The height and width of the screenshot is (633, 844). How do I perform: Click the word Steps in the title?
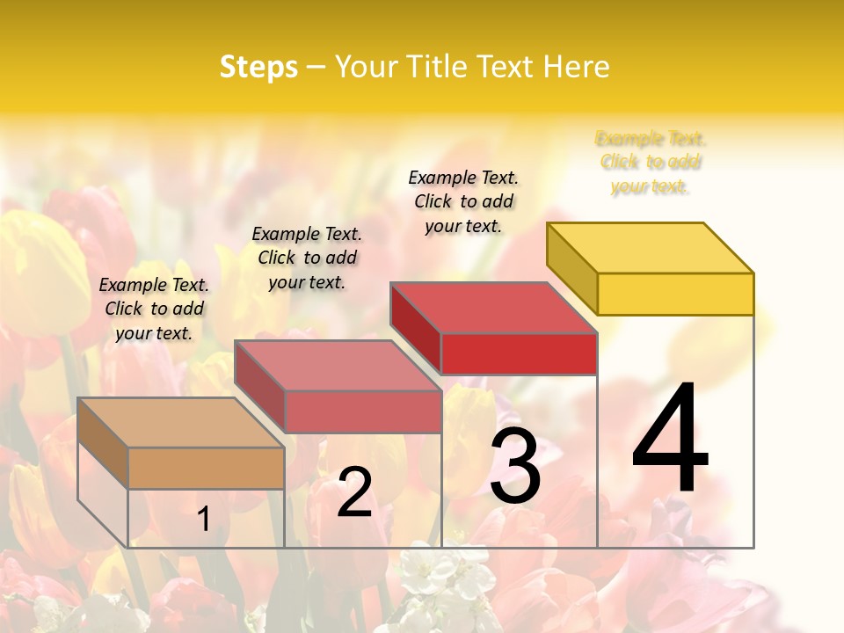tap(258, 67)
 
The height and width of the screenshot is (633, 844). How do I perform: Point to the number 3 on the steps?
tap(514, 468)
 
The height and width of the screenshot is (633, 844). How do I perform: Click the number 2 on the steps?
tap(354, 493)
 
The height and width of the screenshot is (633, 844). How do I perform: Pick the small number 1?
tap(203, 520)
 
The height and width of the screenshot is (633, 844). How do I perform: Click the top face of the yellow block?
tap(651, 247)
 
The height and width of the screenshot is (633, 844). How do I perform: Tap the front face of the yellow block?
tap(675, 294)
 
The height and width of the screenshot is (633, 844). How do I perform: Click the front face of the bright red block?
tap(519, 353)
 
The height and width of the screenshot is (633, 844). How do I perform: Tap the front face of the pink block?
tap(362, 411)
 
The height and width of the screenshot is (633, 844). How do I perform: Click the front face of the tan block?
tap(206, 468)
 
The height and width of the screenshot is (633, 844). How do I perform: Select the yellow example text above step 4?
tap(651, 163)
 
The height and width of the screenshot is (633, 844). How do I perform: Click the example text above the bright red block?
tap(463, 201)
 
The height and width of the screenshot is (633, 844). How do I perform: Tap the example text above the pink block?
tap(307, 258)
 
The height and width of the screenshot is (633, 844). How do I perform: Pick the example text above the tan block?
tap(154, 309)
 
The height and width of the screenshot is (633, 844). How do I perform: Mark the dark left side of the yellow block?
tap(572, 268)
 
